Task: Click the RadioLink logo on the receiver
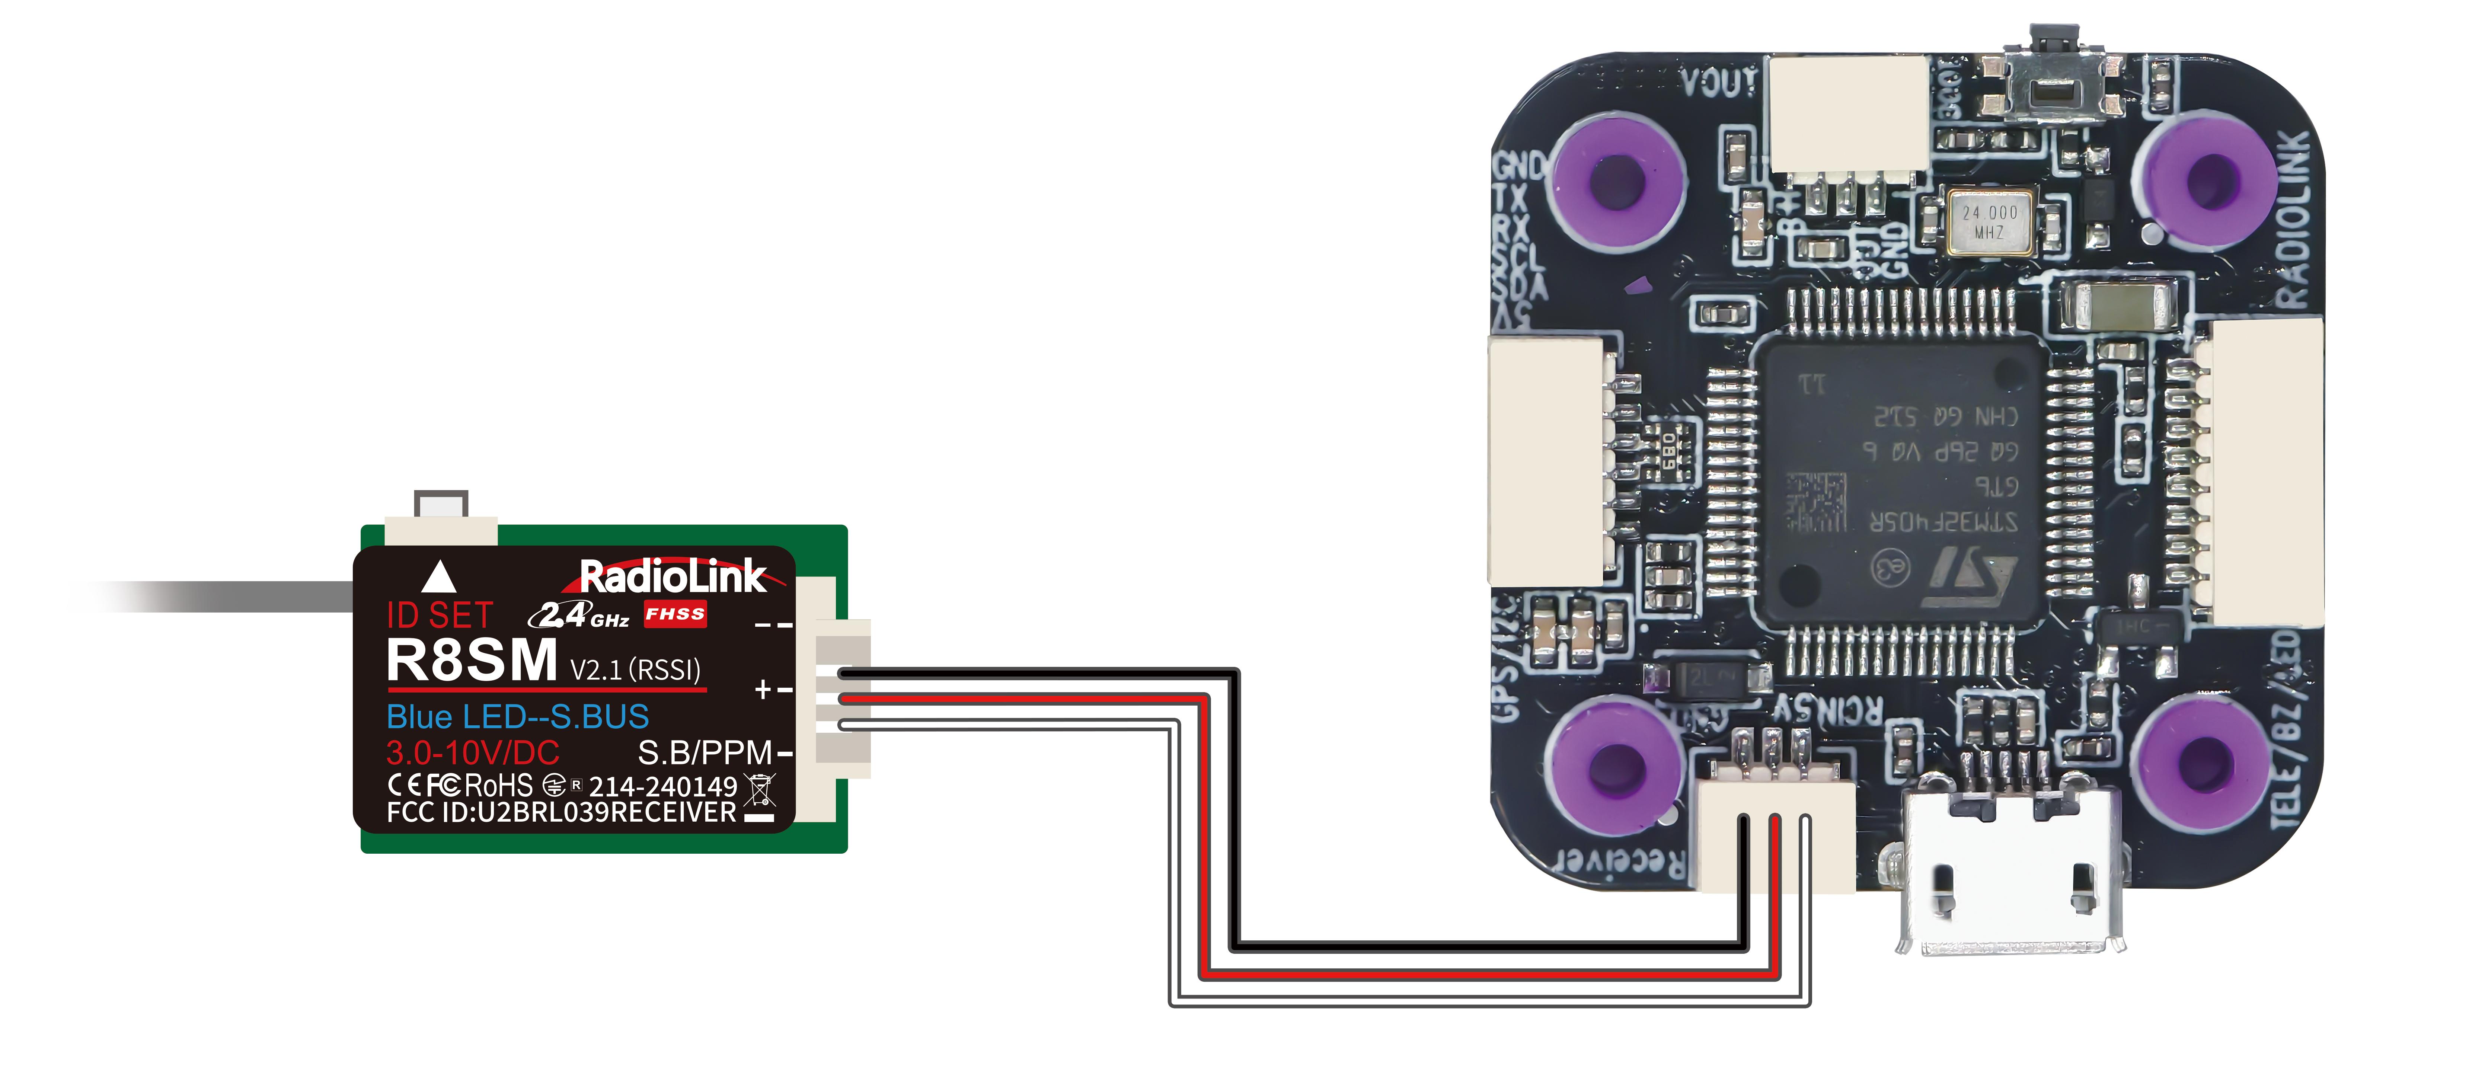(x=673, y=577)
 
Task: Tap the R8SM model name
(x=472, y=662)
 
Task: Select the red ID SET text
(x=440, y=616)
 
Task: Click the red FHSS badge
(x=675, y=614)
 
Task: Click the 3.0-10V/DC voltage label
(x=473, y=753)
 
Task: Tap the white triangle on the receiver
(x=439, y=577)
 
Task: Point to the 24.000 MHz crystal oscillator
(x=1989, y=222)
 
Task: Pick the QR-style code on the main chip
(x=1815, y=502)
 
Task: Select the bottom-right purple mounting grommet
(x=2204, y=762)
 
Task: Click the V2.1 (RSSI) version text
(x=635, y=670)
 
